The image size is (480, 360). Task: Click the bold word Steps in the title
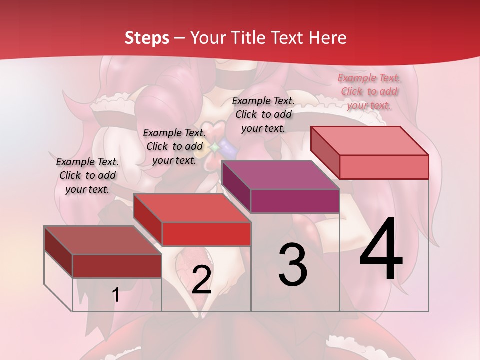(147, 38)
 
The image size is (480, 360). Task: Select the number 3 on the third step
(292, 265)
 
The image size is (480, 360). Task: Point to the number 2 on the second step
(201, 280)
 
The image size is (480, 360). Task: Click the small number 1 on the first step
(116, 295)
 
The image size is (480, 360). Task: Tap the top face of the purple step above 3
(281, 175)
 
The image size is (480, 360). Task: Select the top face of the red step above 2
(192, 208)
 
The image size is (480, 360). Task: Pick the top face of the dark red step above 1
(103, 240)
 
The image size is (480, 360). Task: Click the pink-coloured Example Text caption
(369, 91)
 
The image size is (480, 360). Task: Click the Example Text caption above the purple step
(263, 114)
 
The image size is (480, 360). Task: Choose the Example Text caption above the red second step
(174, 146)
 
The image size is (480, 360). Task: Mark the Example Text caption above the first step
(87, 175)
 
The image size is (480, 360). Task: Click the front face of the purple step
(295, 201)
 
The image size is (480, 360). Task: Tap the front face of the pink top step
(384, 167)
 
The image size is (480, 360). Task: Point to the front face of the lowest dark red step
(117, 266)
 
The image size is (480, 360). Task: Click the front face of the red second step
(206, 234)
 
